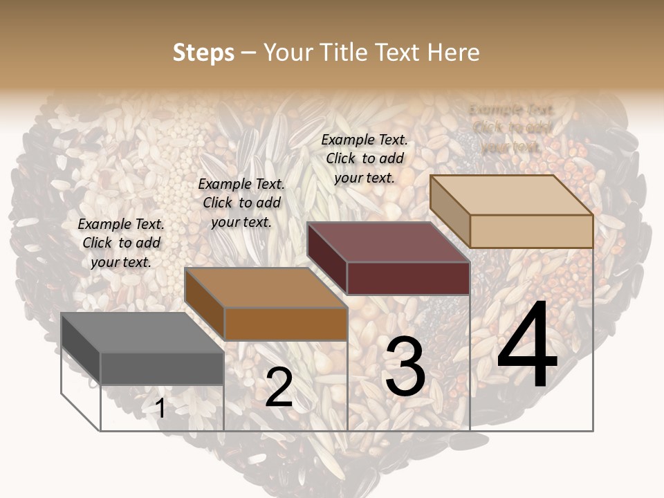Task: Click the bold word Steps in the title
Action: pyautogui.click(x=203, y=53)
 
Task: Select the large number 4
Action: pyautogui.click(x=527, y=346)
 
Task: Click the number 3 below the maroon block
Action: pyautogui.click(x=405, y=369)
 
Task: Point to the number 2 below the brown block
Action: pyautogui.click(x=279, y=387)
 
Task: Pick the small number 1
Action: pyautogui.click(x=160, y=409)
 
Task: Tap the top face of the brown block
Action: pyautogui.click(x=266, y=288)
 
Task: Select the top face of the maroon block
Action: pyautogui.click(x=388, y=242)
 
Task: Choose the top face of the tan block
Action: pyautogui.click(x=511, y=195)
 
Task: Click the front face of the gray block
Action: pyautogui.click(x=163, y=368)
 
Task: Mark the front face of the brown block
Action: pyautogui.click(x=286, y=324)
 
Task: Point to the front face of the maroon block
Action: pyautogui.click(x=408, y=278)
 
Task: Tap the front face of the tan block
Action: pyautogui.click(x=531, y=231)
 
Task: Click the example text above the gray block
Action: pyautogui.click(x=121, y=243)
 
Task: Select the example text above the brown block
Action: pyautogui.click(x=241, y=203)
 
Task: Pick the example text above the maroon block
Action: pyautogui.click(x=365, y=158)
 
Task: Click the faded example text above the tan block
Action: pyautogui.click(x=512, y=128)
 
